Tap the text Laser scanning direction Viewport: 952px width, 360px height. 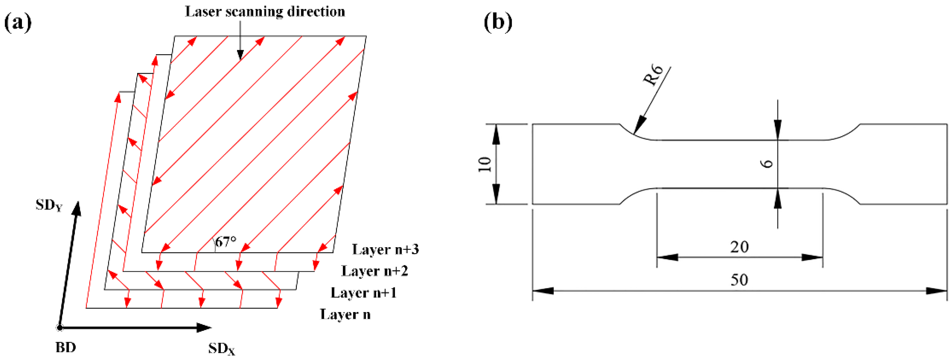pyautogui.click(x=265, y=12)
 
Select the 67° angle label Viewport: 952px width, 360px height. pyautogui.click(x=225, y=242)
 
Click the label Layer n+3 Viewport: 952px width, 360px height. pyautogui.click(x=385, y=249)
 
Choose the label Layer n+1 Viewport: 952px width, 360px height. pyautogui.click(x=364, y=293)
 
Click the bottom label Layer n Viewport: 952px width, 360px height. pyautogui.click(x=345, y=315)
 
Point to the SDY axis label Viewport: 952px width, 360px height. pyautogui.click(x=49, y=205)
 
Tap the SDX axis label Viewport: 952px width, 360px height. pyautogui.click(x=221, y=348)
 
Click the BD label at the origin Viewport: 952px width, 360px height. pyautogui.click(x=66, y=347)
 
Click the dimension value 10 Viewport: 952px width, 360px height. pyautogui.click(x=484, y=164)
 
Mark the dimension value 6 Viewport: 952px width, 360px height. pyautogui.click(x=768, y=164)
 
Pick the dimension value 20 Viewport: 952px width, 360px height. pyautogui.click(x=739, y=247)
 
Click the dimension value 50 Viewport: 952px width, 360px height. pyautogui.click(x=739, y=280)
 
